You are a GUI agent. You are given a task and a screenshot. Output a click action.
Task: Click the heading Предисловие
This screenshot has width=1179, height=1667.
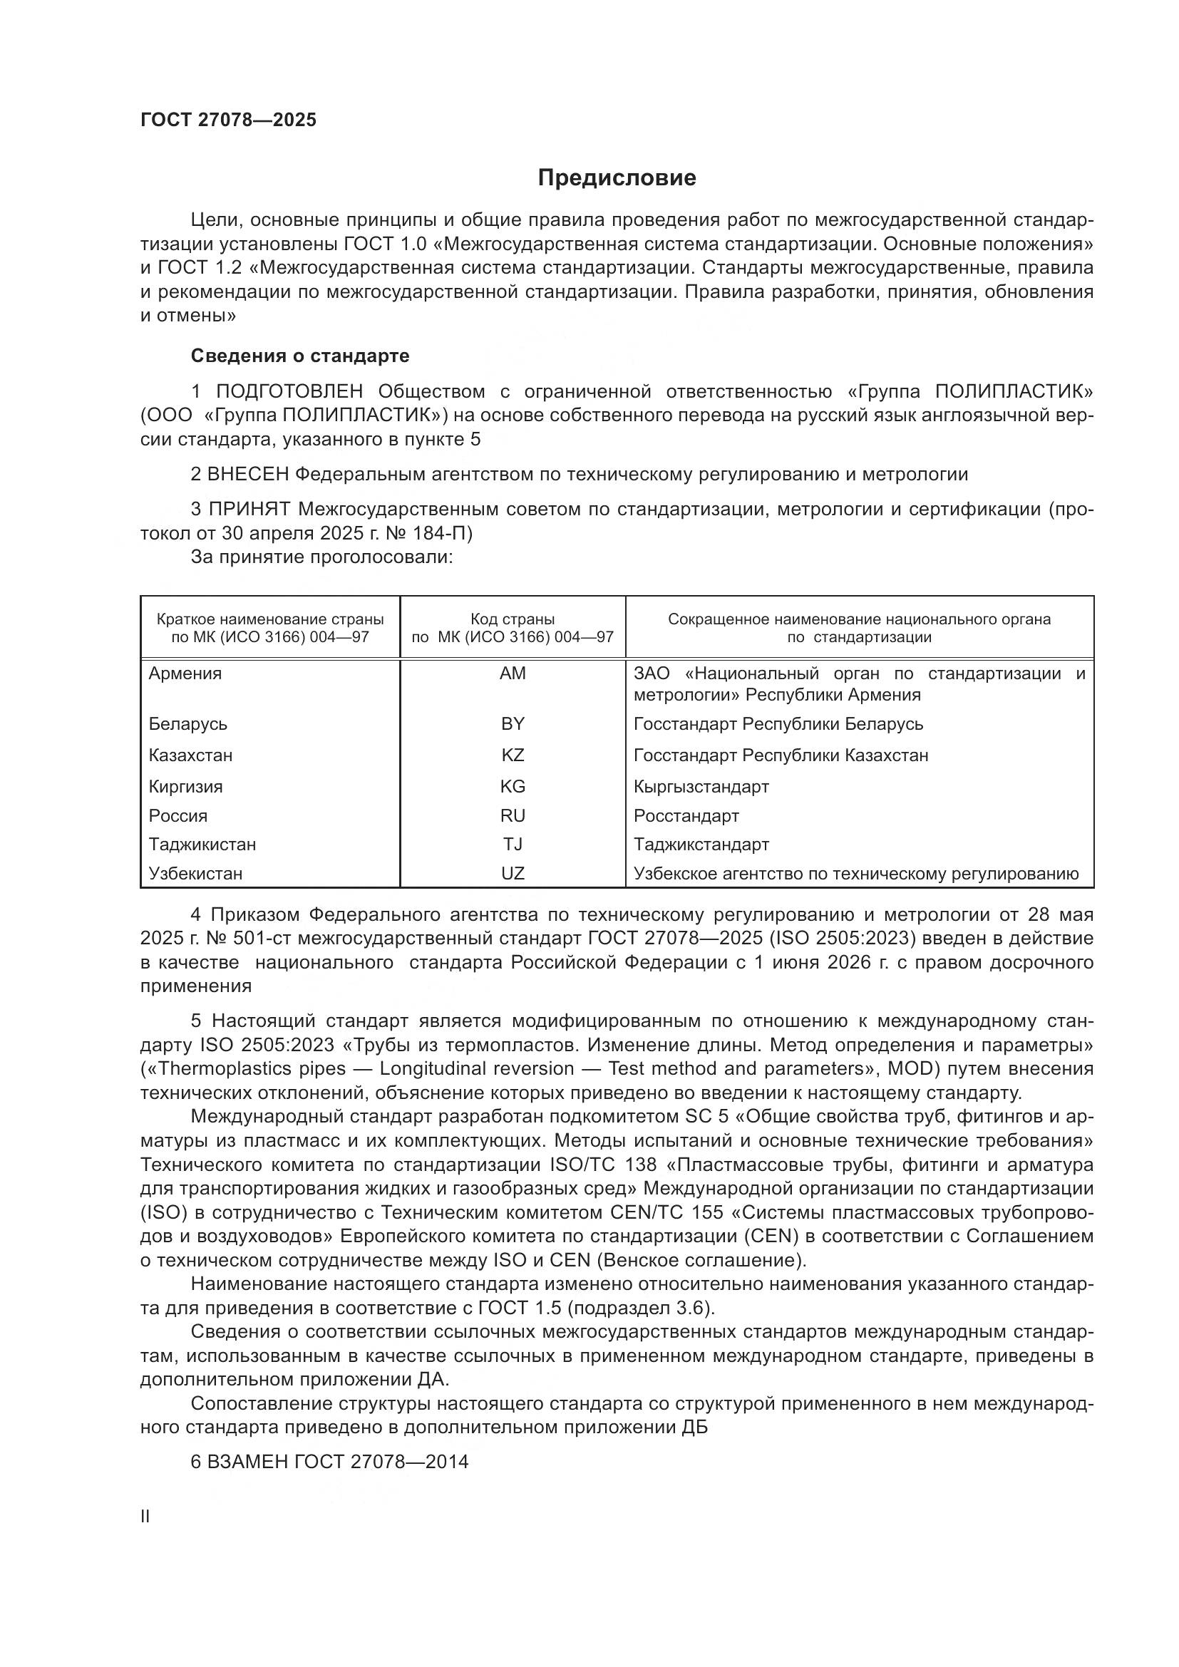(617, 178)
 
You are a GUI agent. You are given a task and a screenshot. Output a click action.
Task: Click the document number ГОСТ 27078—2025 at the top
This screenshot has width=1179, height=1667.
(229, 120)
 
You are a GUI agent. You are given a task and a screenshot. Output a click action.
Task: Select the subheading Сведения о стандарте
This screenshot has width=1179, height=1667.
(300, 356)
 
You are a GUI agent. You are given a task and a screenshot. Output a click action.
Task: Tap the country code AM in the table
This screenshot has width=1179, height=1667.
(513, 673)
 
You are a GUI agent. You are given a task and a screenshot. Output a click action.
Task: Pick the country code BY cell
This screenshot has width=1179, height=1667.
(513, 724)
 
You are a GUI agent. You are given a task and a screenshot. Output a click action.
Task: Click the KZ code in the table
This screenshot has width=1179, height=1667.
(513, 755)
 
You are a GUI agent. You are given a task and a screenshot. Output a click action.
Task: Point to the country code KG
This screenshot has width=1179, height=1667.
(513, 786)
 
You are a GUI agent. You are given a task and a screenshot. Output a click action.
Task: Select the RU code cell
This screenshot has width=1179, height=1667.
(513, 815)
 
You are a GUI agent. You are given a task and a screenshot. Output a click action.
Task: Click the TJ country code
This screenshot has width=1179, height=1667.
(513, 845)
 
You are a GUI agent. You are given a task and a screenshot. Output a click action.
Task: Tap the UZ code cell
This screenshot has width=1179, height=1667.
(513, 874)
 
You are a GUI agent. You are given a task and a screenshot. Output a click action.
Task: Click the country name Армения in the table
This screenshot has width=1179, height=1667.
(185, 673)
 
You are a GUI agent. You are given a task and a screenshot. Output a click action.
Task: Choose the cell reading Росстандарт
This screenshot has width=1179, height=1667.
(686, 815)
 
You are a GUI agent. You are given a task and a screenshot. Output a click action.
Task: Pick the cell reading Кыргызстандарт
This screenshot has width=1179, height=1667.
(701, 786)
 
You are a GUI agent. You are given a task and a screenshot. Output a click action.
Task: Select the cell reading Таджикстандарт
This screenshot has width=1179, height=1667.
(701, 845)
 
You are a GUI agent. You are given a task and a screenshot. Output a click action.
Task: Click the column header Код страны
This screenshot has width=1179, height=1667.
(513, 619)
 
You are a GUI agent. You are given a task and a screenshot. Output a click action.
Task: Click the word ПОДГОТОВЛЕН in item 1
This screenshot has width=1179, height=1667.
(289, 391)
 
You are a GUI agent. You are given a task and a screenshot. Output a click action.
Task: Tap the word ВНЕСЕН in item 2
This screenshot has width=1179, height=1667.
(248, 474)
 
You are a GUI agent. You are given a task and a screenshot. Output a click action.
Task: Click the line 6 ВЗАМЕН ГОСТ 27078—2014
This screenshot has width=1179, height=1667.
(329, 1461)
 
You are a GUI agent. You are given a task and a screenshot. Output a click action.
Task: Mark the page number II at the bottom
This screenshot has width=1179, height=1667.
(145, 1516)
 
